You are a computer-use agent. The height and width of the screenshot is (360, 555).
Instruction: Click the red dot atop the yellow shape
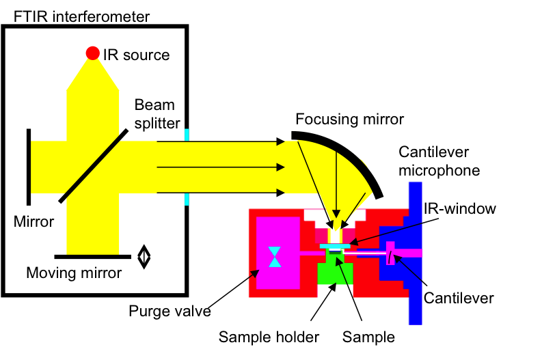tap(92, 53)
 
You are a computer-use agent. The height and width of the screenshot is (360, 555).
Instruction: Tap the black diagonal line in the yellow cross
tap(93, 168)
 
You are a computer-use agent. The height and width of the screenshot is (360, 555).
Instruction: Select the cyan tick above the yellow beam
tap(187, 134)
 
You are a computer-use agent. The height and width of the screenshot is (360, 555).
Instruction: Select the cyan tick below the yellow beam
tap(187, 199)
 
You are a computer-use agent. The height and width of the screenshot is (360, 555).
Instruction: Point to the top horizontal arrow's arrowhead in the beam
tap(281, 142)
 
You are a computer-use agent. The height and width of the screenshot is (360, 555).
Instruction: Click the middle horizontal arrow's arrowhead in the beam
tap(281, 167)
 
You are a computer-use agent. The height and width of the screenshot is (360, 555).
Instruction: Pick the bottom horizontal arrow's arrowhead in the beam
tap(281, 193)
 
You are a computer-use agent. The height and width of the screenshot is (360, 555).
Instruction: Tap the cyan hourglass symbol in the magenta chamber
tap(275, 256)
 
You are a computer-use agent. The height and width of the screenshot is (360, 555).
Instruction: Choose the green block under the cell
tap(335, 273)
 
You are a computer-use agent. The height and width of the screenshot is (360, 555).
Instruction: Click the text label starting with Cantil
tap(444, 299)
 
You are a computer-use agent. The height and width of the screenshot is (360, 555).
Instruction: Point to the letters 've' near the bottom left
tap(202, 311)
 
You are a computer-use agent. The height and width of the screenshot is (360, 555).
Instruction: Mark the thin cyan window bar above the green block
tap(335, 246)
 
